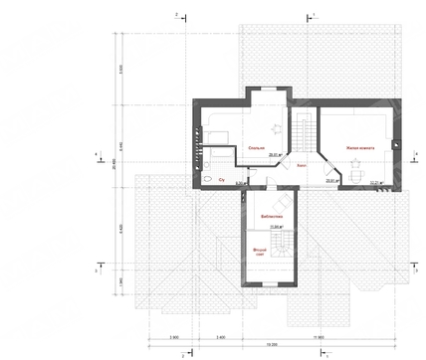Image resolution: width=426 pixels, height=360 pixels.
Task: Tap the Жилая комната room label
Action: pos(359,147)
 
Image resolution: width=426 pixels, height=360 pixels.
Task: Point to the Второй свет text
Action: pos(259,252)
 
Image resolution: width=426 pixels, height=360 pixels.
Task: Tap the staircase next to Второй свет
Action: pos(283,250)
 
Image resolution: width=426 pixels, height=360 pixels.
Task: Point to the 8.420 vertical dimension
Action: pos(119,227)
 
